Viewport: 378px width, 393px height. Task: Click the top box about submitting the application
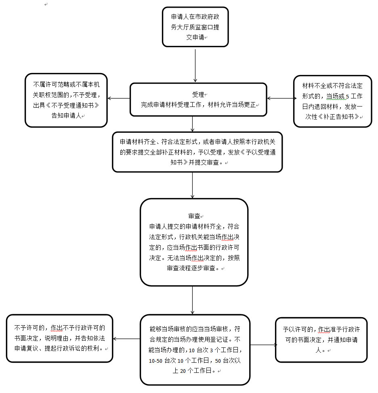pos(195,27)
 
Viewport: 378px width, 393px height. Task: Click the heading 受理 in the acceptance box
pos(198,95)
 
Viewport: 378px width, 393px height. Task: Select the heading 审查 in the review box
pos(194,216)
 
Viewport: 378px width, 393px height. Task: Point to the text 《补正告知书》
pos(340,116)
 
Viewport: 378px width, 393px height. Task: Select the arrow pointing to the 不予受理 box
pos(118,98)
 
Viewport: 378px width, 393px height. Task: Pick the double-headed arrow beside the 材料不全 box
pos(280,98)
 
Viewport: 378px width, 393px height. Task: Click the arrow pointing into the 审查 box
pos(193,185)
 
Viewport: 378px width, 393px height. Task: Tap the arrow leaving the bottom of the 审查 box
pos(193,300)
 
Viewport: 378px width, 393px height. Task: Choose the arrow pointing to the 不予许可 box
pos(126,339)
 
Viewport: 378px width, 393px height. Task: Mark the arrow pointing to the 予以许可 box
pos(263,345)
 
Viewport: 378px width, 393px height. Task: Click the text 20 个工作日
pos(189,370)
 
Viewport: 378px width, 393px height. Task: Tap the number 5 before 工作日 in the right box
pos(347,96)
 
